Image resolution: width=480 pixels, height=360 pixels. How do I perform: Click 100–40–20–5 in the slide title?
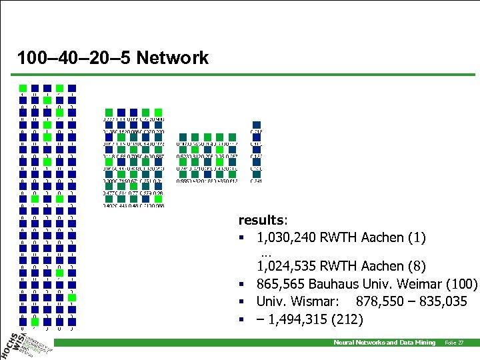[x=74, y=58]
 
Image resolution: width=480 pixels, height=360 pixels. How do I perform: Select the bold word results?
[x=263, y=219]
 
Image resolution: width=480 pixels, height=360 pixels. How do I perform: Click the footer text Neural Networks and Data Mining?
[x=384, y=342]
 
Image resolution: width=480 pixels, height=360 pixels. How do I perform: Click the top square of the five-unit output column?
[x=257, y=125]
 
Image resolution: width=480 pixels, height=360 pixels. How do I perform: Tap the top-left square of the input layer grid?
[x=23, y=88]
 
